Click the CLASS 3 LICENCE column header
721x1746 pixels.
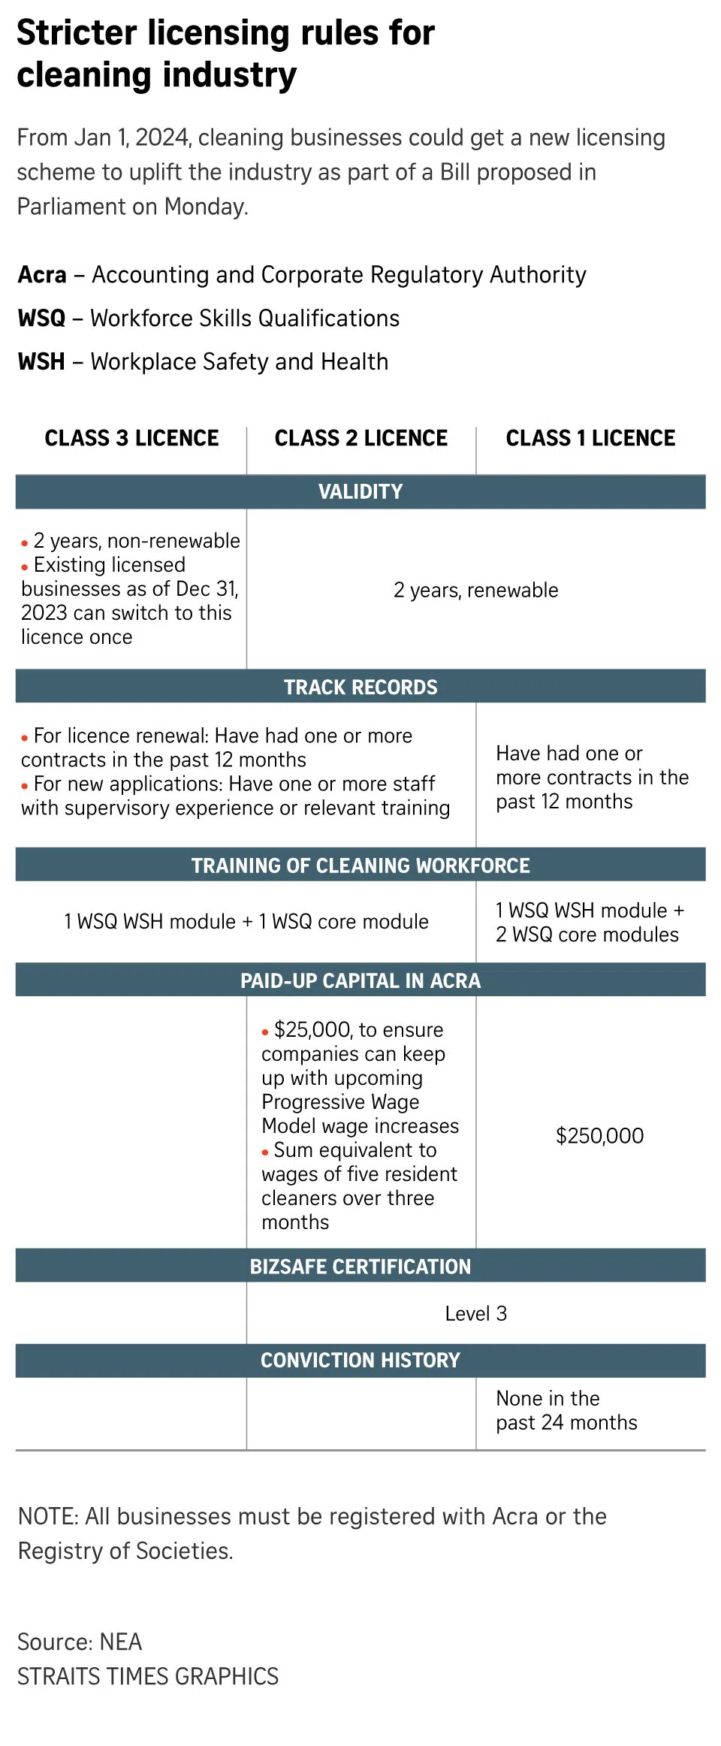[x=131, y=438]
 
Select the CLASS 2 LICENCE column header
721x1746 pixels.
[x=360, y=438]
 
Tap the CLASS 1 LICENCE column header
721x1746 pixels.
[x=590, y=438]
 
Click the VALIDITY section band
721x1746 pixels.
[x=360, y=492]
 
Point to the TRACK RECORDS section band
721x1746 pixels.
[x=360, y=687]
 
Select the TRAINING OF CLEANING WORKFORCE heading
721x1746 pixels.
[x=360, y=865]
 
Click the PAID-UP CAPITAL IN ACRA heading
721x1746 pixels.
[x=360, y=980]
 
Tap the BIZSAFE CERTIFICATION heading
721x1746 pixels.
[x=360, y=1267]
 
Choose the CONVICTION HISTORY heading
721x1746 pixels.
[x=360, y=1360]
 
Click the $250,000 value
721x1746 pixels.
[x=599, y=1135]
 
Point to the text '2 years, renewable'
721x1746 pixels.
[x=475, y=591]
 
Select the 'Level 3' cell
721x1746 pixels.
[x=475, y=1313]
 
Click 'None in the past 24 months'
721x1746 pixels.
[x=566, y=1410]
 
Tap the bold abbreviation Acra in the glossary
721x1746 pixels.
[x=42, y=275]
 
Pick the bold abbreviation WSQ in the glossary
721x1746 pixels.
[x=41, y=319]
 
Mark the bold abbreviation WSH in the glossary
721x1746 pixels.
[x=41, y=362]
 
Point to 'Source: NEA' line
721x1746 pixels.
[x=80, y=1642]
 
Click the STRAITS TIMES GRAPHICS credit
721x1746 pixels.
[x=148, y=1676]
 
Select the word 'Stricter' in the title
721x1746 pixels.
[x=77, y=34]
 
